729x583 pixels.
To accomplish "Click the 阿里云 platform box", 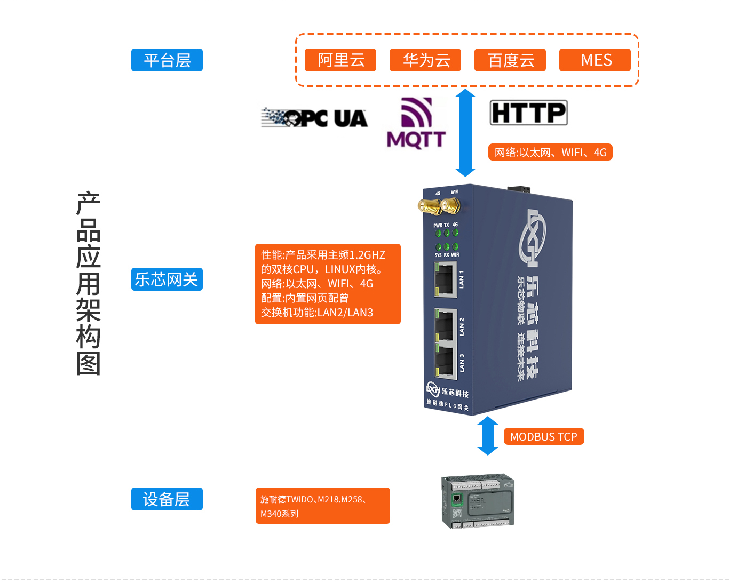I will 340,60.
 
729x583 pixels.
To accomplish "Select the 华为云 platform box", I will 425,60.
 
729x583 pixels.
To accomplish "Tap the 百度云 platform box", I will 510,60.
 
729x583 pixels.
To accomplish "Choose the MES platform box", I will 595,60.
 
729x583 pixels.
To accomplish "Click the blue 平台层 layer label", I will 167,60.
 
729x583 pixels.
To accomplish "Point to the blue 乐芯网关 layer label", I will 167,279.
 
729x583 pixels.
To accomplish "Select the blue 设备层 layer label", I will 167,499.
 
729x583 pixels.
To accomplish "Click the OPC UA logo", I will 314,118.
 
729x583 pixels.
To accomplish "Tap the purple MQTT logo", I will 416,123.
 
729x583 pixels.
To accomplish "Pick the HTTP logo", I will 528,113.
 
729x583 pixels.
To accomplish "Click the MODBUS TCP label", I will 544,436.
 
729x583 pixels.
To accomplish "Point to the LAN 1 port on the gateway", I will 445,279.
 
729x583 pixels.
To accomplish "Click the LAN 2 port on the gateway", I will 445,324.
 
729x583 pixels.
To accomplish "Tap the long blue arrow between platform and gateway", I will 465,132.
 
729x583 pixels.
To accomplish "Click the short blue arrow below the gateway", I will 487,435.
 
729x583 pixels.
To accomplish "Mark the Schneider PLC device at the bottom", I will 478,501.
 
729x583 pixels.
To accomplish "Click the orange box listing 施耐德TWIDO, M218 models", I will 322,506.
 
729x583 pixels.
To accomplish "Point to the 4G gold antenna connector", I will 429,205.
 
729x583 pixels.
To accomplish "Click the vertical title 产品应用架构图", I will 88,283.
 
